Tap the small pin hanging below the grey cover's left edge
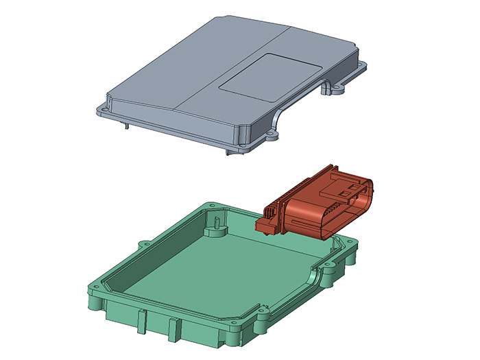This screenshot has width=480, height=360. click(128, 124)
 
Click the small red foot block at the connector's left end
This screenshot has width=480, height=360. click(263, 224)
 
